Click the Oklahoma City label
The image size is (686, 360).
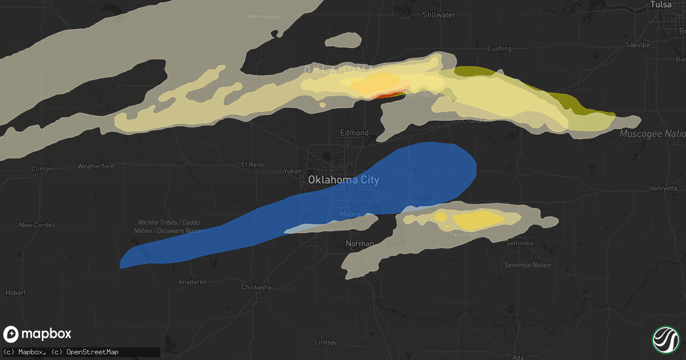[x=343, y=179]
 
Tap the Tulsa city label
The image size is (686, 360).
[x=660, y=5]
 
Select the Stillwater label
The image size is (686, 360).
[x=438, y=15]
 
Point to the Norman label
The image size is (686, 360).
[x=360, y=244]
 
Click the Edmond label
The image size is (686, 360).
[x=354, y=133]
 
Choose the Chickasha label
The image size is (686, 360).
[x=256, y=287]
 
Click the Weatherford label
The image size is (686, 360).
[x=95, y=166]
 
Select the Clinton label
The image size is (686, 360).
[x=42, y=169]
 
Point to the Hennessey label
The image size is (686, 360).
[x=264, y=17]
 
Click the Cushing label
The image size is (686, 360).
[x=500, y=49]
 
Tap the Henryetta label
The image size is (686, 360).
[x=663, y=188]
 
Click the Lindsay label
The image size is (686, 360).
[x=326, y=342]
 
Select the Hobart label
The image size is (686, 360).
[x=16, y=293]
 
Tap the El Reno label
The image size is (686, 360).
[x=252, y=165]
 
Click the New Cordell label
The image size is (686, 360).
[x=37, y=225]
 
